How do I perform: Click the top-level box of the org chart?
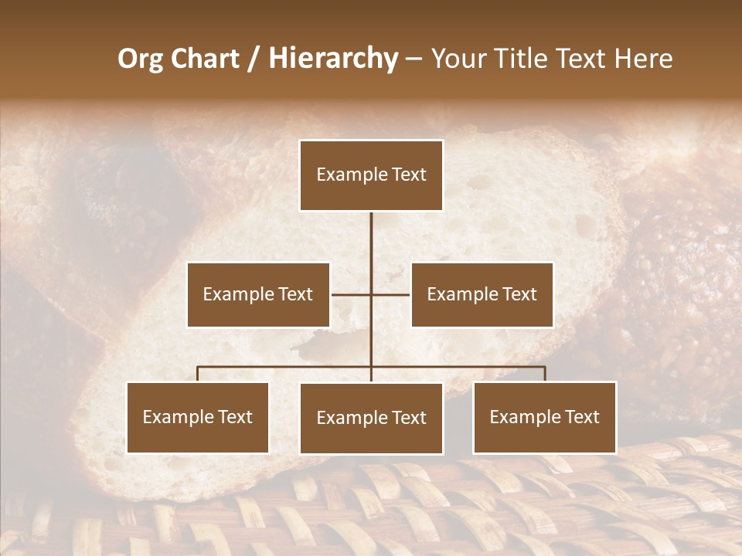coord(371,175)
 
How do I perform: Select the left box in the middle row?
coord(258,294)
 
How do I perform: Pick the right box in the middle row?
coord(482,294)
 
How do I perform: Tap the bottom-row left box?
coord(198,418)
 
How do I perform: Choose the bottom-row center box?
coord(371,419)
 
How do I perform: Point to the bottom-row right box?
coord(545,418)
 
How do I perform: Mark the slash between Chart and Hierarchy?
coord(254,59)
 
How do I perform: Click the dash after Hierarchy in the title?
coord(414,59)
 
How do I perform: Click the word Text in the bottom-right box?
coord(581,418)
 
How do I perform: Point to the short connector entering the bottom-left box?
coord(198,374)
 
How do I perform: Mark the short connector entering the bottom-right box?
coord(545,374)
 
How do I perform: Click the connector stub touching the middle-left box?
coord(340,294)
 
